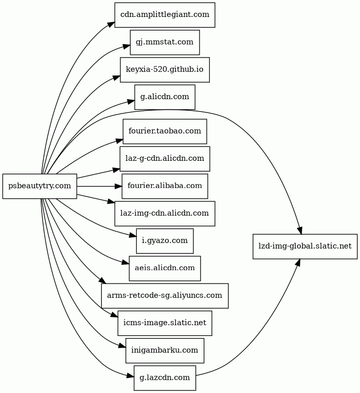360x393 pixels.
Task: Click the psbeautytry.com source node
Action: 40,186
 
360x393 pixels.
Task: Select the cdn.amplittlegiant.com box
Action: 165,15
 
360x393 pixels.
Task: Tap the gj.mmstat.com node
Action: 165,42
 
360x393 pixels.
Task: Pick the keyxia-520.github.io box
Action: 165,69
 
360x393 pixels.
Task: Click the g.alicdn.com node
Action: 165,97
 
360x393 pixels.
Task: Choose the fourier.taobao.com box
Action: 165,132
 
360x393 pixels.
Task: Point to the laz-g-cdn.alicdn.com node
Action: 165,159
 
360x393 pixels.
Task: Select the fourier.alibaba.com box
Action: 165,186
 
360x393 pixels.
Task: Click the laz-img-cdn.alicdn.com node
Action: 165,213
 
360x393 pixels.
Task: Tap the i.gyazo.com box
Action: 165,240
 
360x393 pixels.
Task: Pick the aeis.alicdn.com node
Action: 165,268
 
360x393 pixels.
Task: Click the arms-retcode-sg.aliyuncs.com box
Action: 165,295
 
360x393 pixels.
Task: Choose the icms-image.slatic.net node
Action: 165,323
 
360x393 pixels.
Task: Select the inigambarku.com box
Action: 165,350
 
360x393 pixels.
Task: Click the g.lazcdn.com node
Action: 165,378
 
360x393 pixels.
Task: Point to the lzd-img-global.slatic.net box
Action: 305,246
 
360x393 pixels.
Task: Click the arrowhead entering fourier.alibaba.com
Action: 118,186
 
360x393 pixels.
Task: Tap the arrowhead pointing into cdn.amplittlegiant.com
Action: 111,24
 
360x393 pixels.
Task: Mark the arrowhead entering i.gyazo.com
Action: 133,236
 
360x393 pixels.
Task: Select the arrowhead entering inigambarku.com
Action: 122,347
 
